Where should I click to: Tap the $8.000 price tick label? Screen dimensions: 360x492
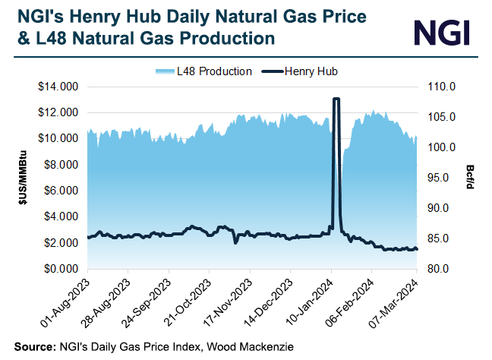click(x=60, y=165)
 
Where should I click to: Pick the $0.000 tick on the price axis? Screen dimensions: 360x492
click(x=60, y=269)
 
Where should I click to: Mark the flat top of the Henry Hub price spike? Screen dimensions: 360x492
click(x=336, y=99)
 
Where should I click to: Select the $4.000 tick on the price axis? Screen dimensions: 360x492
click(x=60, y=217)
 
